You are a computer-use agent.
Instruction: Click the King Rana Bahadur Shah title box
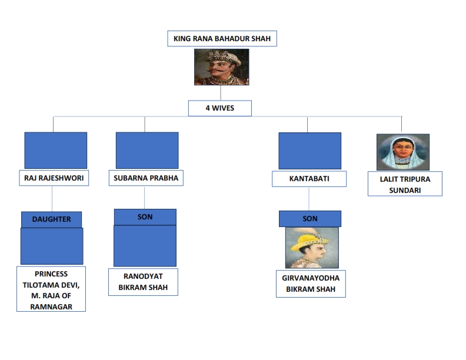[x=222, y=39]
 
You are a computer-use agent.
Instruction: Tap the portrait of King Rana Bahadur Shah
[x=222, y=66]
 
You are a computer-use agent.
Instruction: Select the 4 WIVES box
[x=220, y=109]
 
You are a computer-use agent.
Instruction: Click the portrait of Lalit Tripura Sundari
[x=402, y=152]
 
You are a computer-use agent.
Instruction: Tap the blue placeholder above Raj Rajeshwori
[x=56, y=150]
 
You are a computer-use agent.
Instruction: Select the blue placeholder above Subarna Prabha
[x=147, y=150]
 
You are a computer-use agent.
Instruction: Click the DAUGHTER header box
[x=52, y=219]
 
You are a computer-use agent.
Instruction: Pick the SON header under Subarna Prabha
[x=145, y=217]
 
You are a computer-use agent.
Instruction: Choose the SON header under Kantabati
[x=310, y=219]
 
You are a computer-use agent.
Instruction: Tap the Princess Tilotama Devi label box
[x=51, y=289]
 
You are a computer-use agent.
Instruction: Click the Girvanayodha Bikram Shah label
[x=311, y=284]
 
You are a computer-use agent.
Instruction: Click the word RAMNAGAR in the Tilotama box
[x=51, y=306]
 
